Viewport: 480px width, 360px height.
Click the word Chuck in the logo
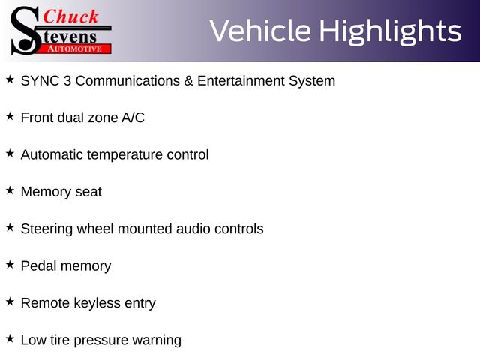[70, 16]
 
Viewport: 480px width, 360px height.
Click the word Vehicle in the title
[260, 31]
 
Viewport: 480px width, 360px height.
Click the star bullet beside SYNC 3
[10, 79]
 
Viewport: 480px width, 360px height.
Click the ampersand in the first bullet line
[188, 81]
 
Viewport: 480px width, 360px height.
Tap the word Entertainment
[241, 81]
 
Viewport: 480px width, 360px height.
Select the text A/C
[133, 118]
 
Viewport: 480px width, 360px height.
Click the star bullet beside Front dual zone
[10, 117]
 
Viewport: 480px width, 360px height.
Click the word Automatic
[52, 155]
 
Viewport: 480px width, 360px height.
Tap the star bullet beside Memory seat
[10, 190]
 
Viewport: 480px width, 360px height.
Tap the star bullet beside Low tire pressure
[10, 339]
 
